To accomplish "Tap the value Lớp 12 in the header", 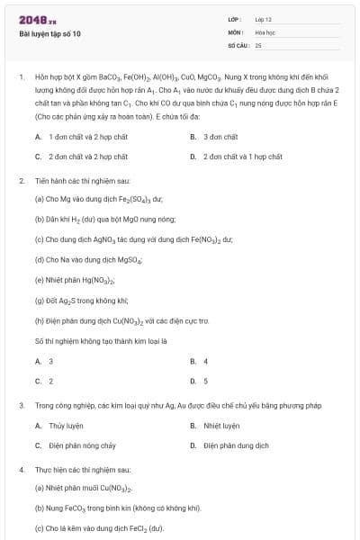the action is click(263, 19).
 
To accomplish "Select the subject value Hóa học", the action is click(265, 31).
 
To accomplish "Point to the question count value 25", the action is click(258, 44).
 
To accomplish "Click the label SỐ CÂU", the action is click(237, 44).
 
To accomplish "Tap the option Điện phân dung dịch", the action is click(235, 445).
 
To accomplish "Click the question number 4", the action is click(22, 469).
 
